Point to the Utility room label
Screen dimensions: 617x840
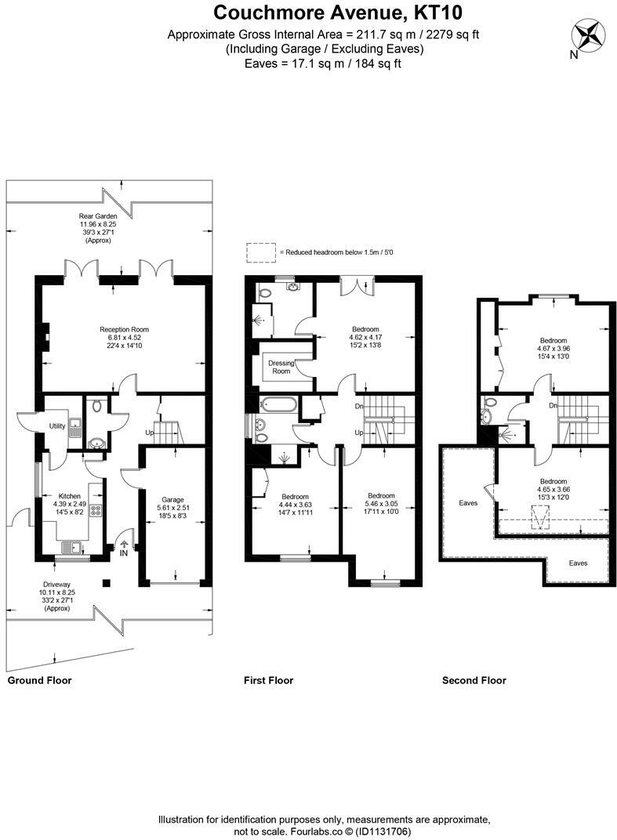[57, 426]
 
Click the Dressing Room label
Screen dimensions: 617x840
[281, 367]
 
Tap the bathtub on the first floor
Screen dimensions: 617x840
[277, 404]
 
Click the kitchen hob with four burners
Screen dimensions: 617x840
[96, 510]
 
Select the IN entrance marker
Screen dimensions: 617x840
[124, 553]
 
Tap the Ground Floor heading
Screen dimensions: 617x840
[40, 680]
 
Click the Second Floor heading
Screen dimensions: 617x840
[474, 680]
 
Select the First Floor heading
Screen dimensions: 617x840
[269, 680]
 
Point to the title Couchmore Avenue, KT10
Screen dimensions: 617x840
[338, 12]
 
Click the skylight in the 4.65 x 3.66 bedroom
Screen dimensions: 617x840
[541, 518]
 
